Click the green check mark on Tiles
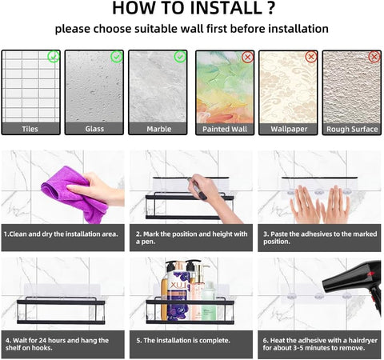54,57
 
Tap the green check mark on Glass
117,57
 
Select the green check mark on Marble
180,57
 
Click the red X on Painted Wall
248,57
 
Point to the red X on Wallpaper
311,57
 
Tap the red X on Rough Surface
374,57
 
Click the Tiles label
30,129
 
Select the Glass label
94,129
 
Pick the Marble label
159,129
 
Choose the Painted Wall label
225,129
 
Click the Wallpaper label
289,129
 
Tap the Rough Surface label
352,129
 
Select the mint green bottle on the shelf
209,301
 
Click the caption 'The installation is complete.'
183,341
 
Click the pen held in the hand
197,188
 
